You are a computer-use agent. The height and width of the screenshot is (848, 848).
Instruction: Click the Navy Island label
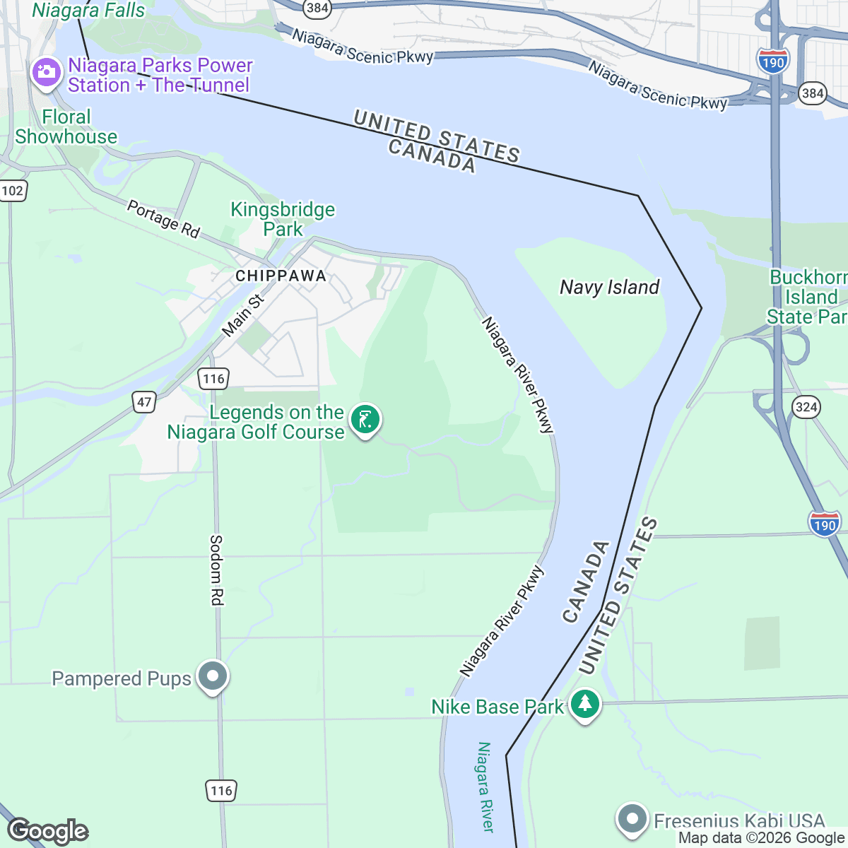(x=609, y=288)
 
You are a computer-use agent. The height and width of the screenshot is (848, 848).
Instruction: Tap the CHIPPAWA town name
(x=281, y=276)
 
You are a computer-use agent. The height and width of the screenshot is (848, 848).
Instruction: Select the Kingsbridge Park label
(x=283, y=219)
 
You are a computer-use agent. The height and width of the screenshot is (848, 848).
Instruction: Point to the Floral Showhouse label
(x=66, y=127)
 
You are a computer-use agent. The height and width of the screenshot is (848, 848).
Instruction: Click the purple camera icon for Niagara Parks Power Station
(x=47, y=72)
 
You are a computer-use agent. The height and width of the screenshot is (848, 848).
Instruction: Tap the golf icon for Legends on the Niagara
(x=365, y=420)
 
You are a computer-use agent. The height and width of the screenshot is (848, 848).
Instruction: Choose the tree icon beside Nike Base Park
(x=585, y=704)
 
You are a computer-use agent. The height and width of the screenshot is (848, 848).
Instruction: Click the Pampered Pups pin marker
(x=212, y=676)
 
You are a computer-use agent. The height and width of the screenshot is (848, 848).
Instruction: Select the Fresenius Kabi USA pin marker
(x=632, y=819)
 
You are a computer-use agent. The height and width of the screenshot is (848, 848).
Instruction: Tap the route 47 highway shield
(x=144, y=403)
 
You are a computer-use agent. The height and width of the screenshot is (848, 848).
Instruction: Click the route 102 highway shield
(x=12, y=191)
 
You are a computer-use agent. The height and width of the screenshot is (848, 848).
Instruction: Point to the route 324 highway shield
(x=806, y=406)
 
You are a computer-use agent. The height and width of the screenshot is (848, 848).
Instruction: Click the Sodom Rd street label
(x=216, y=570)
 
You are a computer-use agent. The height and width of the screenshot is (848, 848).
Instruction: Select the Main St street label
(x=242, y=315)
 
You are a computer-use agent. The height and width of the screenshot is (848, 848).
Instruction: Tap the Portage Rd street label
(x=163, y=218)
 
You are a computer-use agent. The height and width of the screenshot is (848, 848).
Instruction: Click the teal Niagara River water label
(x=485, y=786)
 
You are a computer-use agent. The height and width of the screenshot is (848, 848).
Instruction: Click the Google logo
(x=47, y=831)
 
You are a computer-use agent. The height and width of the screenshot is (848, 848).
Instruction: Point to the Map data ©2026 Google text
(x=761, y=838)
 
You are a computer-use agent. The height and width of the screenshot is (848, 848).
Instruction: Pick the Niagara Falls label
(x=88, y=11)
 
